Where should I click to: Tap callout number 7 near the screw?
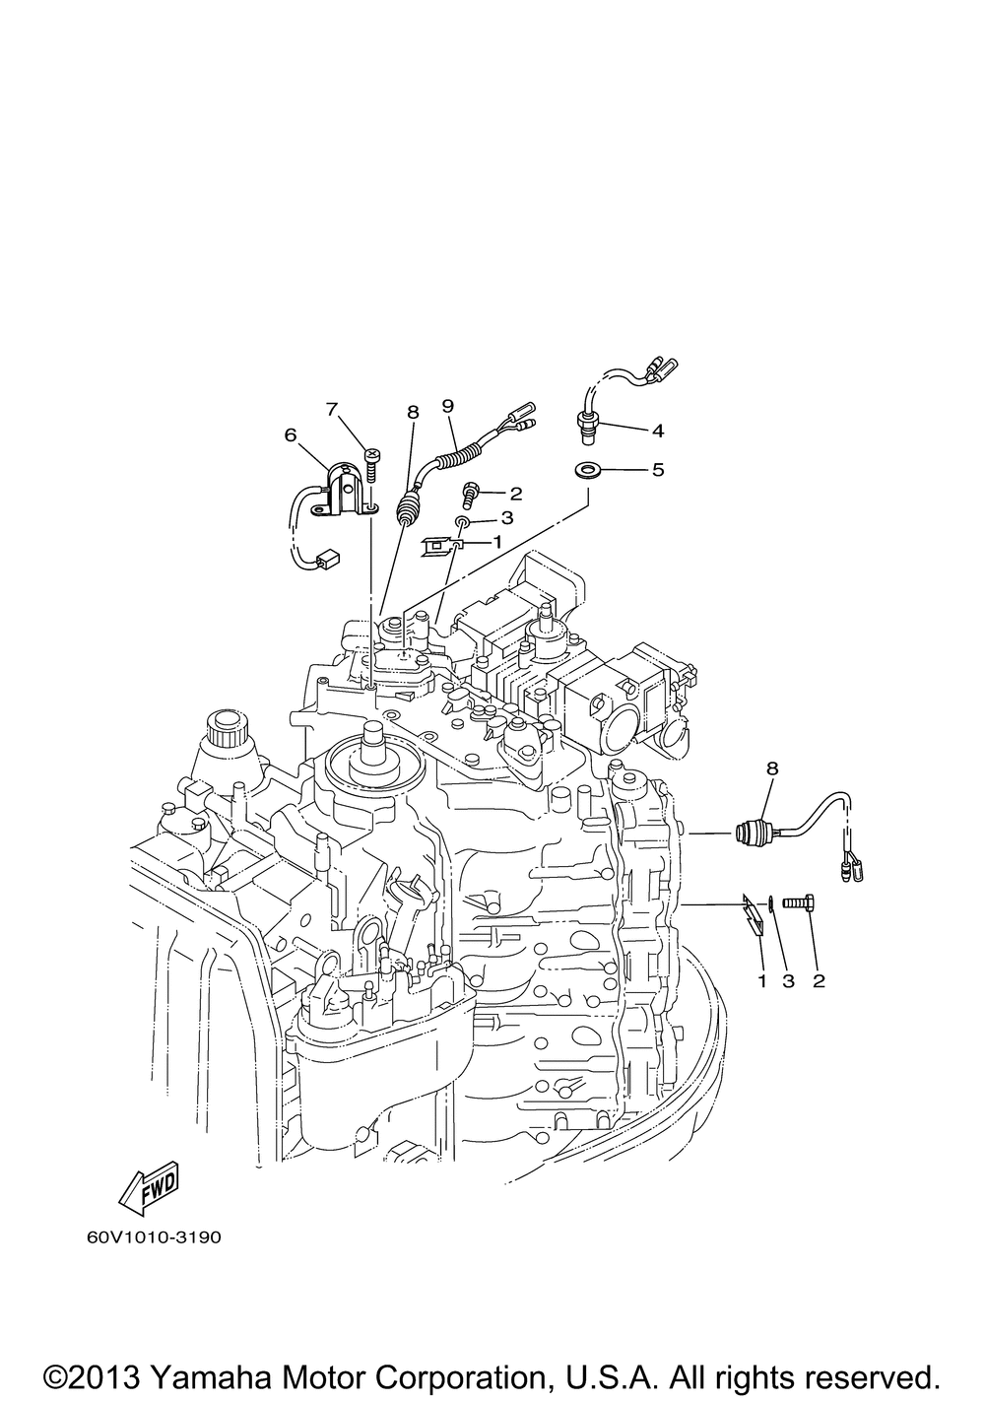click(x=332, y=409)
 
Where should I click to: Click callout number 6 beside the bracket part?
click(x=291, y=434)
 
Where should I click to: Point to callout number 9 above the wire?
click(x=447, y=406)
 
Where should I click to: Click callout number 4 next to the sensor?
click(x=657, y=431)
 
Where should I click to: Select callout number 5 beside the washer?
click(x=657, y=469)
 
